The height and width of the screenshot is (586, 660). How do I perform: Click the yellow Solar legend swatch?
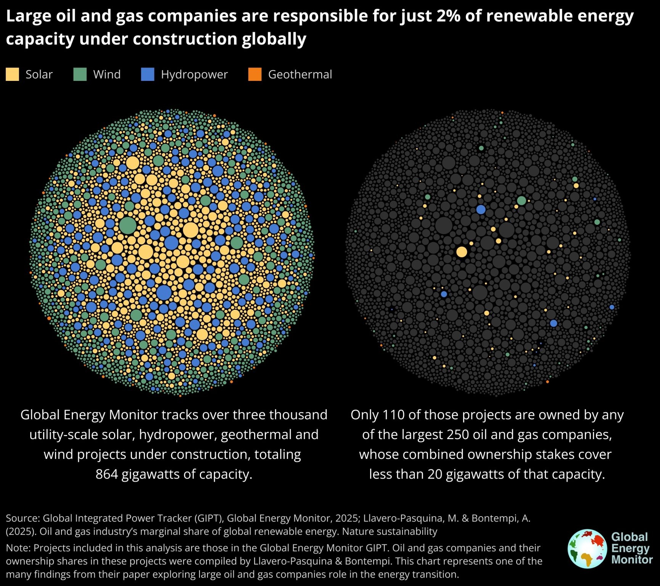point(12,74)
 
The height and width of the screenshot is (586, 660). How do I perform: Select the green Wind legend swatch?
point(80,74)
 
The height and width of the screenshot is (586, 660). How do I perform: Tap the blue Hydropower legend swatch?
point(148,74)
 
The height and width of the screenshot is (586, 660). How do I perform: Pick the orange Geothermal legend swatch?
point(255,74)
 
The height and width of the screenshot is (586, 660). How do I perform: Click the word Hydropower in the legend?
point(194,74)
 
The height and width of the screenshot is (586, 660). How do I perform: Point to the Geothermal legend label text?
point(300,74)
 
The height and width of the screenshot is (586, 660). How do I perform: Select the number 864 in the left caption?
point(106,474)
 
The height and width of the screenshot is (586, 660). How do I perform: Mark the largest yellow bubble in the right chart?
point(462,252)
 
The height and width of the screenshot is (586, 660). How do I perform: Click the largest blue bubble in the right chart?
point(481,209)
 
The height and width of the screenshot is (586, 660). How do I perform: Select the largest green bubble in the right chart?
point(522,201)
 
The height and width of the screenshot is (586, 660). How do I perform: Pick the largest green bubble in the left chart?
point(128,225)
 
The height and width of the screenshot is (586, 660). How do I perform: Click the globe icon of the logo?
point(587,549)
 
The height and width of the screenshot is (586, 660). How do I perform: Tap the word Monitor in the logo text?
point(632,560)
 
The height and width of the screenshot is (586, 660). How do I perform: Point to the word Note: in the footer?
point(18,548)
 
